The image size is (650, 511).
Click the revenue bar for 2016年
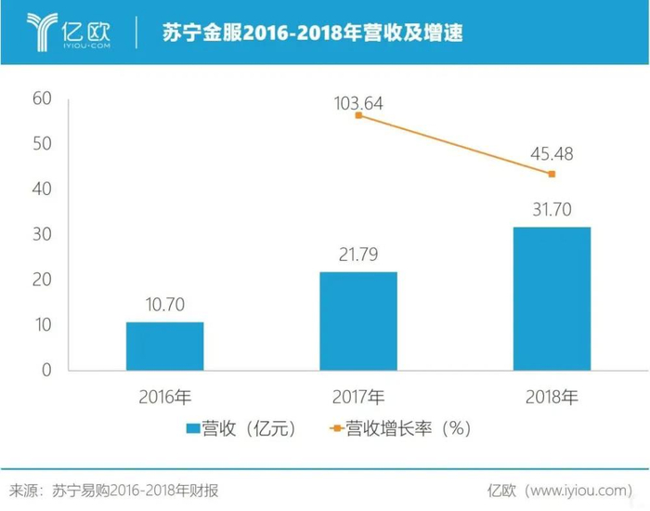click(x=165, y=346)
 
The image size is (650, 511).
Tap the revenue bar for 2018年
click(x=552, y=298)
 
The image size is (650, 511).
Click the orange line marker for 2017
click(x=358, y=115)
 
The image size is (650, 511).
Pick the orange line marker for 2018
click(x=552, y=174)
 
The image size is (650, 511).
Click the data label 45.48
click(x=552, y=152)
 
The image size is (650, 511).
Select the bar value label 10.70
click(x=165, y=306)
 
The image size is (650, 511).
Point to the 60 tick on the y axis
click(x=43, y=98)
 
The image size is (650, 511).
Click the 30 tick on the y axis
click(x=43, y=234)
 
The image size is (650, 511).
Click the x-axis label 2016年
click(x=165, y=398)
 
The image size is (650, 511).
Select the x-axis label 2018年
click(x=552, y=398)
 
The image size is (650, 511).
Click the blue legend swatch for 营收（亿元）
click(x=193, y=428)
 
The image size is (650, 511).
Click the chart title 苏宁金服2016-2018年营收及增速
click(x=312, y=33)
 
